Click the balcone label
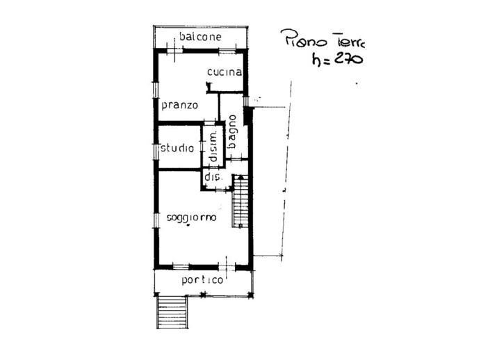(x=199, y=36)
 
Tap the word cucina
(x=224, y=72)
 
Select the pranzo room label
(x=180, y=105)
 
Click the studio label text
(x=177, y=148)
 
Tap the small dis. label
(x=212, y=177)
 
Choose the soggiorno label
(x=191, y=218)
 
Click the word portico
(x=202, y=280)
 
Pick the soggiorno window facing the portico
(x=181, y=266)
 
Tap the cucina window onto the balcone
(x=224, y=51)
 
